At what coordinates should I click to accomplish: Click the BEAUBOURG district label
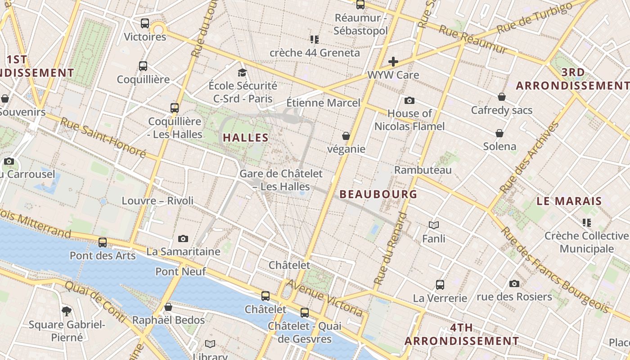(378, 194)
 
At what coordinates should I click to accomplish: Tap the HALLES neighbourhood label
(246, 138)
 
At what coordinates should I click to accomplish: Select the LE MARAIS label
(569, 201)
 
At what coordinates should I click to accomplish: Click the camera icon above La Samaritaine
(183, 238)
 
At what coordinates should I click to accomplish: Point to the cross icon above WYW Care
(393, 62)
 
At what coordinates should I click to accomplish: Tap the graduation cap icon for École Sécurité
(243, 72)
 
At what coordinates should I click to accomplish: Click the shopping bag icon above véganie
(346, 135)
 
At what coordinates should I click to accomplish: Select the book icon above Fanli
(434, 225)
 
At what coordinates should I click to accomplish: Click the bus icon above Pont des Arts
(103, 242)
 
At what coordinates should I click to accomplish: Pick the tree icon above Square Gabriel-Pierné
(67, 310)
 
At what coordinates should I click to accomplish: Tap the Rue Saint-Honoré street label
(103, 138)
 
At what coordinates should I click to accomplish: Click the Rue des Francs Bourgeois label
(556, 270)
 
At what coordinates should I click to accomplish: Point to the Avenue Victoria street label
(324, 298)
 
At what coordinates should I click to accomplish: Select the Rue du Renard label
(390, 249)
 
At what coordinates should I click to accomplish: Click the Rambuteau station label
(423, 170)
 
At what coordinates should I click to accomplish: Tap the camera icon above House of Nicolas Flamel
(409, 100)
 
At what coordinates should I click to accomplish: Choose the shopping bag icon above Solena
(499, 133)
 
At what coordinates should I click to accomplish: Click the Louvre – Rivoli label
(157, 201)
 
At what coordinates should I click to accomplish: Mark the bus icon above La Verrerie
(440, 284)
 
